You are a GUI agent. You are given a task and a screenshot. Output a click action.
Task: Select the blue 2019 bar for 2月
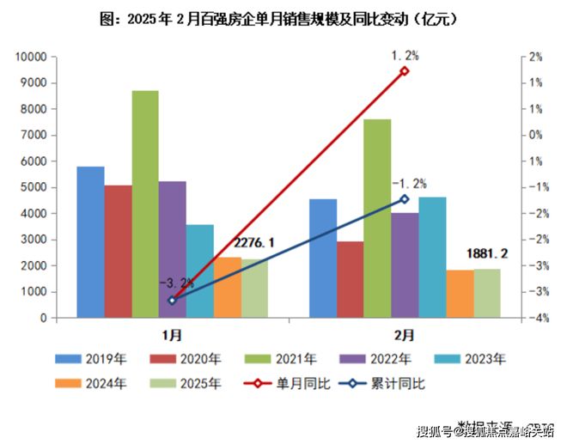click(x=323, y=258)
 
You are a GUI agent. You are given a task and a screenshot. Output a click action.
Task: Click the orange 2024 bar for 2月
click(x=460, y=294)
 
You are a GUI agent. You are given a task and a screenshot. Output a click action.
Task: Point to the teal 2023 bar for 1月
click(x=200, y=271)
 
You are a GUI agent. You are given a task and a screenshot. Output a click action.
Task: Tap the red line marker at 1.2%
click(x=405, y=71)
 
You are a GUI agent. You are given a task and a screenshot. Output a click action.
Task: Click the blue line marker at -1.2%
click(x=405, y=198)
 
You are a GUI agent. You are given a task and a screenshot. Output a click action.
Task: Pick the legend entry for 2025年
click(x=194, y=384)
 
